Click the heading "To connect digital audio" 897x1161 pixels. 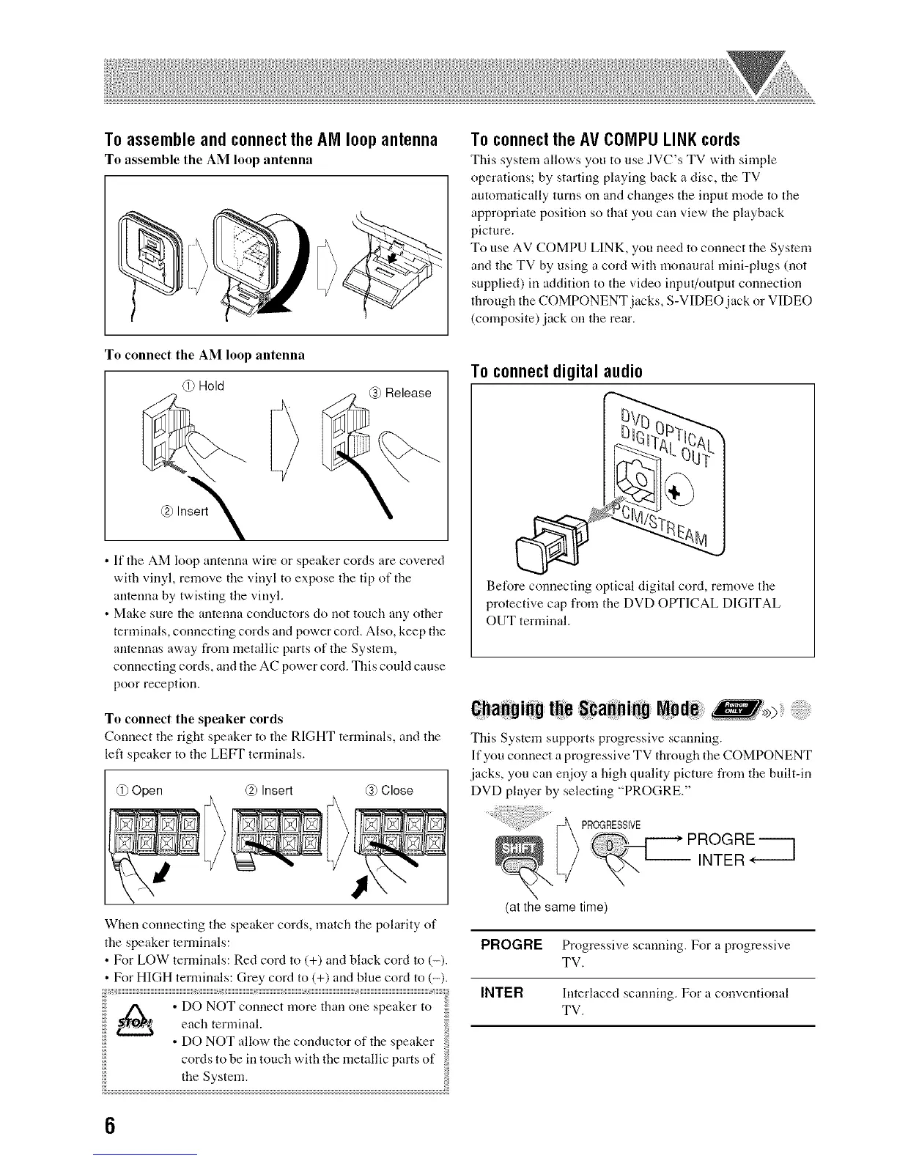tap(556, 372)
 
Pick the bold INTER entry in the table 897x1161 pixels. tap(501, 993)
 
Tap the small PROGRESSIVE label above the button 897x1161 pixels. tap(610, 825)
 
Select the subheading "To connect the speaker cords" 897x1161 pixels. tap(193, 718)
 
